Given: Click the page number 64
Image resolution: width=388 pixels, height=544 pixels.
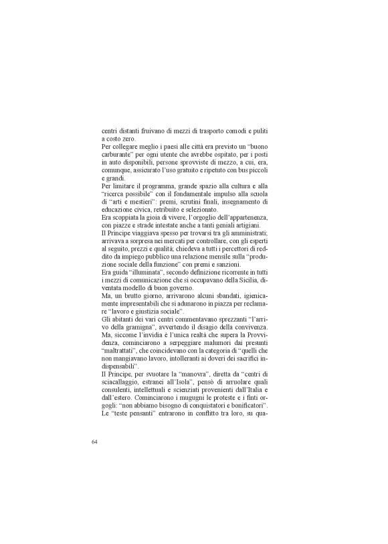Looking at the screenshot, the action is click(95, 442).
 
